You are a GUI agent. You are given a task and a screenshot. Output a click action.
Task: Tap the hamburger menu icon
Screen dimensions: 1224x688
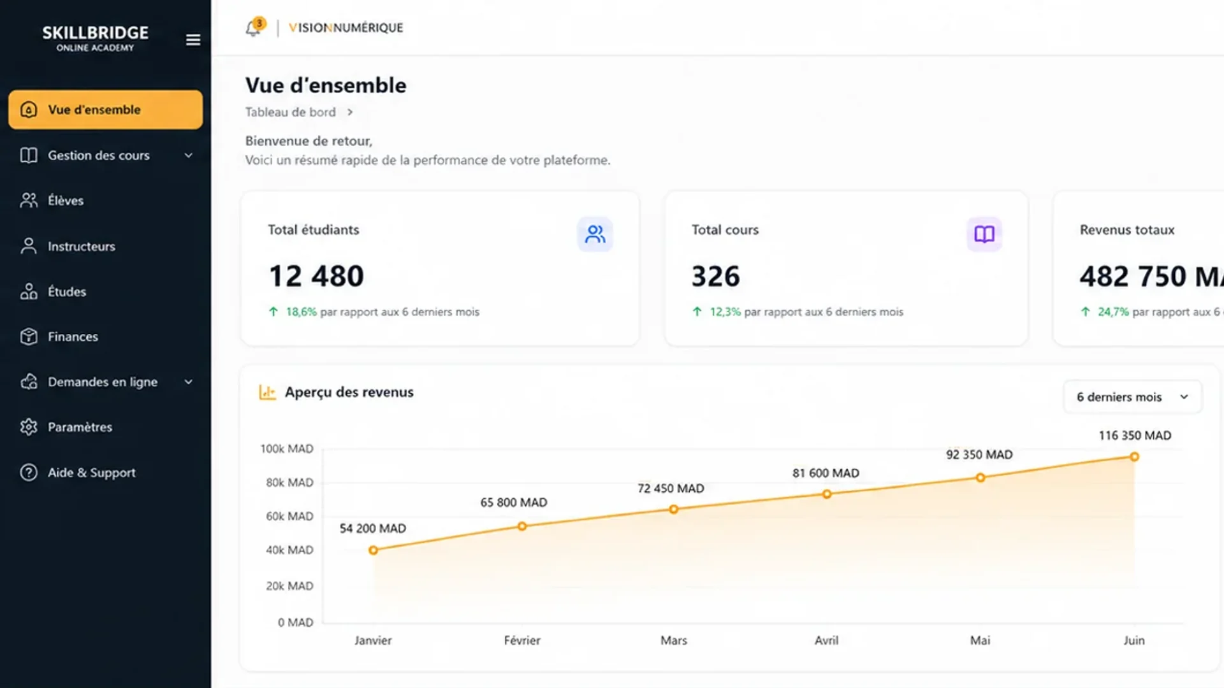pos(193,40)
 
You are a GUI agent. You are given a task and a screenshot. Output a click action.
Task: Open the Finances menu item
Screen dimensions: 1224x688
pos(73,336)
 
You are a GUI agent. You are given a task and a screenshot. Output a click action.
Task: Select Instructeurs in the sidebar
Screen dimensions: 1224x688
pos(81,246)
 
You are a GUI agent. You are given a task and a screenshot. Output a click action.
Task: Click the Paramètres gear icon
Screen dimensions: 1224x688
pos(29,427)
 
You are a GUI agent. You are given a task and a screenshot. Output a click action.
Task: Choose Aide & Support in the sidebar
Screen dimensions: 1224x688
pos(91,473)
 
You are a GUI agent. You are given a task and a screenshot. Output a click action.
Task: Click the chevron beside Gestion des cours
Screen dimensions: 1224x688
pos(189,155)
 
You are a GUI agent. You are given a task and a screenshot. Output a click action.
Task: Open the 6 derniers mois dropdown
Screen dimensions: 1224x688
pos(1132,397)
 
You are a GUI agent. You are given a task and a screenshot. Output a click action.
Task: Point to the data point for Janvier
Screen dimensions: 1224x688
pos(374,550)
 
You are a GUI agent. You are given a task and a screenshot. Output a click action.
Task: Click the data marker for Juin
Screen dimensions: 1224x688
pos(1135,457)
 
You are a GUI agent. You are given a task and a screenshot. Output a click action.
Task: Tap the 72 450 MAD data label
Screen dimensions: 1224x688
pos(671,489)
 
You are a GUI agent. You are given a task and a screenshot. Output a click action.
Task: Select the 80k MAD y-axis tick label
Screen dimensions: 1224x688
pos(289,482)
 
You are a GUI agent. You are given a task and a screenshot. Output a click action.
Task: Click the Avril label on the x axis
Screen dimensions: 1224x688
pos(826,640)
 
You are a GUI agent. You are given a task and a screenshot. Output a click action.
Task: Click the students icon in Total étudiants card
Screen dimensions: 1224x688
pos(595,234)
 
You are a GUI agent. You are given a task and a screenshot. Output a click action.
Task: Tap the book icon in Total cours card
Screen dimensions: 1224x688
pos(984,234)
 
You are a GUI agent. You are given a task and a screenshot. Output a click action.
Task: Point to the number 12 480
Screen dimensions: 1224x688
pos(316,276)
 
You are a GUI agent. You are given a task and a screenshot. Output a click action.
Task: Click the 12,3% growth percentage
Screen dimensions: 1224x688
pos(725,312)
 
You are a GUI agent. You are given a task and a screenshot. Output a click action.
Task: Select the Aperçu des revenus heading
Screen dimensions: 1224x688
pos(349,392)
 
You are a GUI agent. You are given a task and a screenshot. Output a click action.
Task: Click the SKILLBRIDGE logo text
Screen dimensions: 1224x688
pos(96,32)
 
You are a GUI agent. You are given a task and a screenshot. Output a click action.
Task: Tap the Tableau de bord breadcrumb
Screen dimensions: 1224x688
pos(291,112)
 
